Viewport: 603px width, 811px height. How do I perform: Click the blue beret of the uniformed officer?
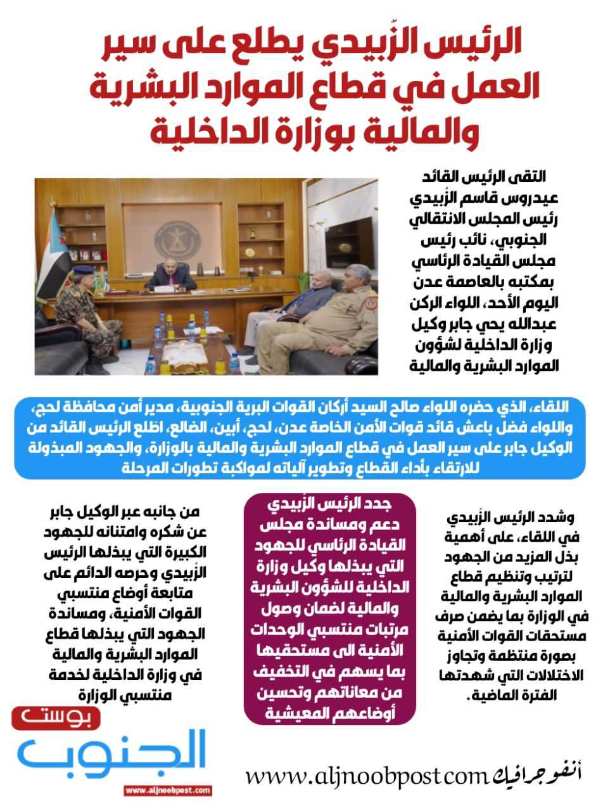(x=83, y=270)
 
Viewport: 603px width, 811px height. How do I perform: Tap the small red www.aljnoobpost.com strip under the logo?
(x=168, y=791)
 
